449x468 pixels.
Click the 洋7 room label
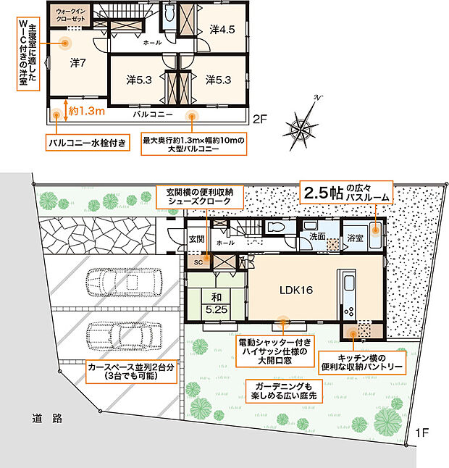pos(78,63)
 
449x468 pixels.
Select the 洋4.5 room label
pos(222,30)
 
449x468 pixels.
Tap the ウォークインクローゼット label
pos(71,14)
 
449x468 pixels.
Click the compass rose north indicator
pos(302,126)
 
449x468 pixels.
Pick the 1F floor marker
pos(423,433)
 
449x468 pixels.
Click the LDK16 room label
pos(295,290)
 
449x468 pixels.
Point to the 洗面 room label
pos(316,235)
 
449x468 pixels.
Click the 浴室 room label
pos(355,236)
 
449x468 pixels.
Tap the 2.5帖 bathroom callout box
pos(346,193)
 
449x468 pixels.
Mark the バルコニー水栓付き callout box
pos(90,142)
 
